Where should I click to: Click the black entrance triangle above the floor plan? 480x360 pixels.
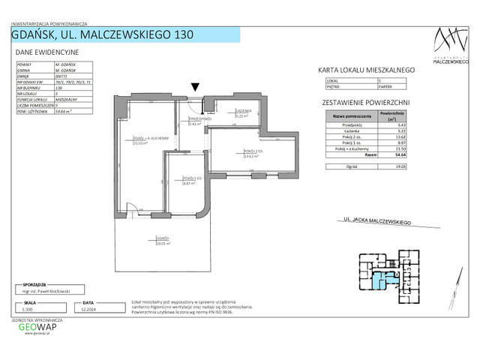click(195, 88)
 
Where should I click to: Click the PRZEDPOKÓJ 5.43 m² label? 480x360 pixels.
click(195, 121)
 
